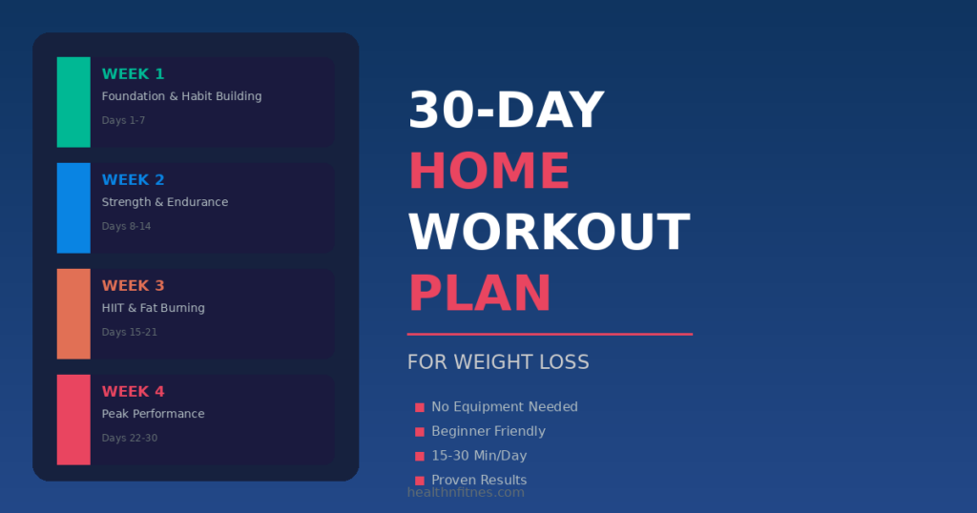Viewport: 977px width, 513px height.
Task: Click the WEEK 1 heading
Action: click(x=133, y=74)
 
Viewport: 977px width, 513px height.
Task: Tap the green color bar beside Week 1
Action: click(x=73, y=102)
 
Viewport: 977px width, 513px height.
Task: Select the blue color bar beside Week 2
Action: click(x=73, y=208)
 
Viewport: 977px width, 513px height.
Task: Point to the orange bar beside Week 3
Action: click(x=73, y=314)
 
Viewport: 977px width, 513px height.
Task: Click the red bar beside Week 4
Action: click(x=73, y=420)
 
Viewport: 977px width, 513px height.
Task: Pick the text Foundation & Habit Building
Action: click(x=181, y=96)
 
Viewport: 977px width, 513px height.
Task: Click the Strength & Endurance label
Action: click(x=165, y=202)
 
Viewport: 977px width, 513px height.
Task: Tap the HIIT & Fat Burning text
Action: click(x=153, y=308)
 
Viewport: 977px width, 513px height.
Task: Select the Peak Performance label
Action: click(x=153, y=414)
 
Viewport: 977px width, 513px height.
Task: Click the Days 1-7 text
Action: click(x=123, y=120)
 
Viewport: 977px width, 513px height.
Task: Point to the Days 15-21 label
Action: click(x=129, y=332)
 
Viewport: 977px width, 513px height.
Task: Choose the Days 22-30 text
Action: click(x=129, y=438)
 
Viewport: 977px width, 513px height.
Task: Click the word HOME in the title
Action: click(x=488, y=172)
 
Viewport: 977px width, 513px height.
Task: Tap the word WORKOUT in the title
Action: click(x=549, y=233)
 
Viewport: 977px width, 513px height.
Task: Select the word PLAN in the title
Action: click(x=479, y=294)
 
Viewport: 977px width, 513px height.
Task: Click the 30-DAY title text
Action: click(x=506, y=111)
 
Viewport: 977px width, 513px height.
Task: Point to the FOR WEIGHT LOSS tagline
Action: click(x=498, y=362)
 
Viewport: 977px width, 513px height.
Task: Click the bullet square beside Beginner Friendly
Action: click(x=420, y=432)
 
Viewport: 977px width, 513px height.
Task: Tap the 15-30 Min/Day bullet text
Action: click(x=479, y=456)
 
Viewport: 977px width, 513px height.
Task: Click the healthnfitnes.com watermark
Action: click(x=466, y=492)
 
